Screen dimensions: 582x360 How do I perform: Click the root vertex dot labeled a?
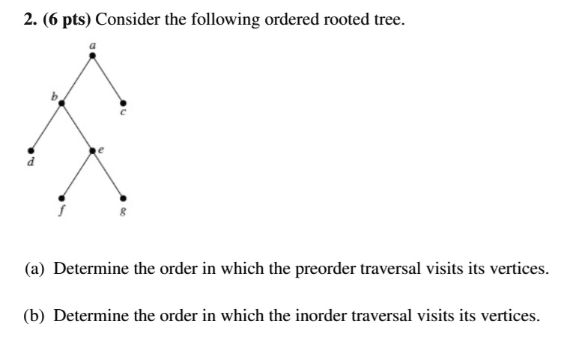click(x=92, y=55)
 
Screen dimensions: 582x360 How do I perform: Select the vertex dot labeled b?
click(x=61, y=103)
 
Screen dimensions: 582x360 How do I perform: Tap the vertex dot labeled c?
click(x=124, y=103)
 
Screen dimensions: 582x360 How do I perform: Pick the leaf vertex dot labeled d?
click(x=31, y=150)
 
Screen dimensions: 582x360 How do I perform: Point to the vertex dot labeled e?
click(x=92, y=150)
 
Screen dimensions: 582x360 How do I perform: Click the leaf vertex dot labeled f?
click(x=61, y=198)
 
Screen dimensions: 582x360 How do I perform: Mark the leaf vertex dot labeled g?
click(x=124, y=198)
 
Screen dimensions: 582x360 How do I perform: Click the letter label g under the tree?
click(x=124, y=211)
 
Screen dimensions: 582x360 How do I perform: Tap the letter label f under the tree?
click(x=61, y=210)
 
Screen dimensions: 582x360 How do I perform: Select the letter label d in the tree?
click(x=31, y=162)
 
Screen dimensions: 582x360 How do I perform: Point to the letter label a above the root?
click(x=92, y=45)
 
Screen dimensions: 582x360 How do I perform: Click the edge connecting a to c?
click(x=108, y=79)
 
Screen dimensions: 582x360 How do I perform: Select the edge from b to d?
click(x=46, y=126)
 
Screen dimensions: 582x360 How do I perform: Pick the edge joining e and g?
click(x=108, y=174)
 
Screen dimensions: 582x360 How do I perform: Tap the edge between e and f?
click(x=77, y=174)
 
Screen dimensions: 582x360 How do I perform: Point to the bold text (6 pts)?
click(x=67, y=20)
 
